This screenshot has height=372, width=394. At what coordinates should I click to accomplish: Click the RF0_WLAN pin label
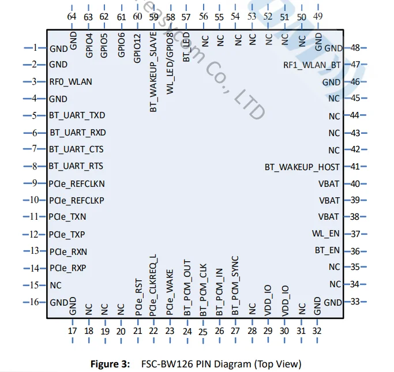pyautogui.click(x=70, y=82)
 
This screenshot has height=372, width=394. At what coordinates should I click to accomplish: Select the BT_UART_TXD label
pyautogui.click(x=77, y=115)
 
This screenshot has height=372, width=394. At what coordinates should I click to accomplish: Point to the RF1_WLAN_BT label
pyautogui.click(x=312, y=65)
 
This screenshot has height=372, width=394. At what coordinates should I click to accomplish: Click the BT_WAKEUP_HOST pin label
pyautogui.click(x=302, y=167)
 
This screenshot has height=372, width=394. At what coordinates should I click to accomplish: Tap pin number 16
pyautogui.click(x=34, y=302)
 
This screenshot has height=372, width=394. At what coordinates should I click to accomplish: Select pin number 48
pyautogui.click(x=355, y=48)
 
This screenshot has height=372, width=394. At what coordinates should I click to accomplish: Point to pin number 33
pyautogui.click(x=355, y=302)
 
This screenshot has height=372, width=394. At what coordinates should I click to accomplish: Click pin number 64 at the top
pyautogui.click(x=72, y=17)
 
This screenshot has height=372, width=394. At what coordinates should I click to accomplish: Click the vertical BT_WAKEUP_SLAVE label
pyautogui.click(x=153, y=80)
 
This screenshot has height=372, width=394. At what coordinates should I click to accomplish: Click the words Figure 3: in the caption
pyautogui.click(x=111, y=364)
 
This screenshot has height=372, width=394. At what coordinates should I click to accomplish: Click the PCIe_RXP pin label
pyautogui.click(x=67, y=268)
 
